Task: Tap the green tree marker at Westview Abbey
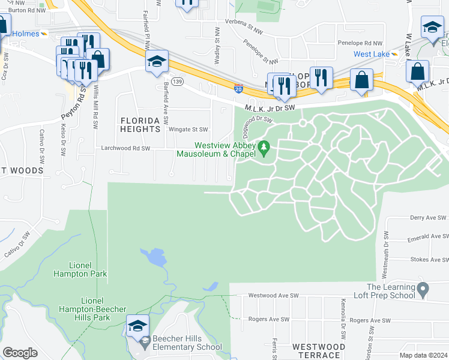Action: point(264,147)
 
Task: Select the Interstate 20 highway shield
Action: point(238,88)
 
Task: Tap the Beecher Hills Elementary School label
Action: point(187,342)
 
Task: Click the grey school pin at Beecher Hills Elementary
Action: point(145,343)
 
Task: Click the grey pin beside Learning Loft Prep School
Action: point(423,290)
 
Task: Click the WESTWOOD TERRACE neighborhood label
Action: point(318,351)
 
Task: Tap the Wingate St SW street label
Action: point(188,129)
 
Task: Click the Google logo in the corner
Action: point(19,353)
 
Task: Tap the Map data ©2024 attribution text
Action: point(423,355)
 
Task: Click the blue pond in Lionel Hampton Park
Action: point(155,258)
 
